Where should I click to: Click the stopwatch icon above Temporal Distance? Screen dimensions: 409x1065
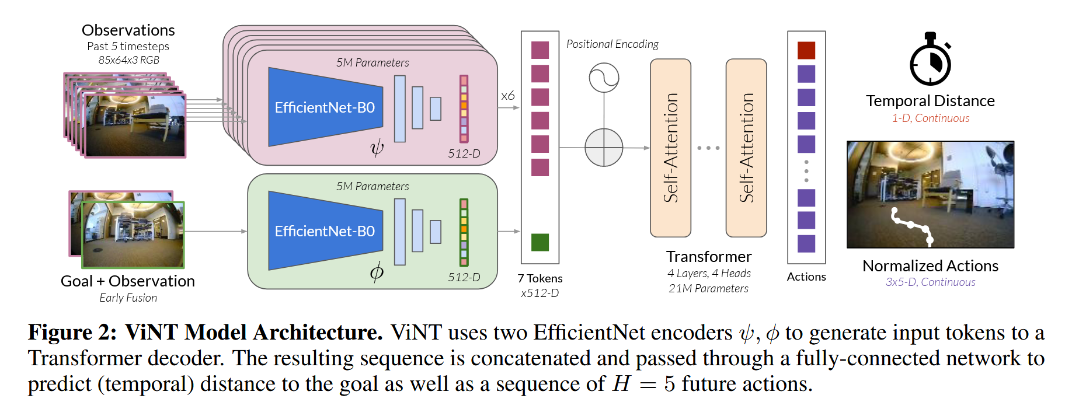tap(930, 61)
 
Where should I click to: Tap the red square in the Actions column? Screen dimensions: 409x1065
tap(806, 50)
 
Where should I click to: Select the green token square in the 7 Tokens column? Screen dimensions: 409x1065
tap(540, 242)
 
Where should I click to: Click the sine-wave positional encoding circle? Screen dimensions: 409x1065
tap(604, 78)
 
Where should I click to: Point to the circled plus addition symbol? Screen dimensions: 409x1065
tap(604, 148)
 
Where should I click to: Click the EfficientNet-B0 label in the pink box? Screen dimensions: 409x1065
tap(325, 107)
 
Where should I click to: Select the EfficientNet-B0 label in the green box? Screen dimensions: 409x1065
tap(325, 231)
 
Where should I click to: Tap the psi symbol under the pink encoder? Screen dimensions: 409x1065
tap(377, 148)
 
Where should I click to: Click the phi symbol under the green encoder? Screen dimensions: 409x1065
tap(377, 271)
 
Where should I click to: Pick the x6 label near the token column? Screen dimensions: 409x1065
tap(508, 96)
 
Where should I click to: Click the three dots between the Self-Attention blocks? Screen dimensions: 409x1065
tap(708, 148)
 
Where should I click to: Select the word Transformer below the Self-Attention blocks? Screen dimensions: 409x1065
tap(709, 257)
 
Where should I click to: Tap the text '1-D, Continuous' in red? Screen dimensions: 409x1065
tap(930, 118)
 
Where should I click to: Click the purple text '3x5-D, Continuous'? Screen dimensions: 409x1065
tap(930, 282)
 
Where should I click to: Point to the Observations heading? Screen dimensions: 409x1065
tap(128, 30)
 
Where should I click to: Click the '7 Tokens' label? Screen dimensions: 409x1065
tap(540, 279)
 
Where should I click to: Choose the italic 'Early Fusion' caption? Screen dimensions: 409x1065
tap(128, 298)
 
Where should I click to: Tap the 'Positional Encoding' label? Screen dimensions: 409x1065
tap(612, 44)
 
